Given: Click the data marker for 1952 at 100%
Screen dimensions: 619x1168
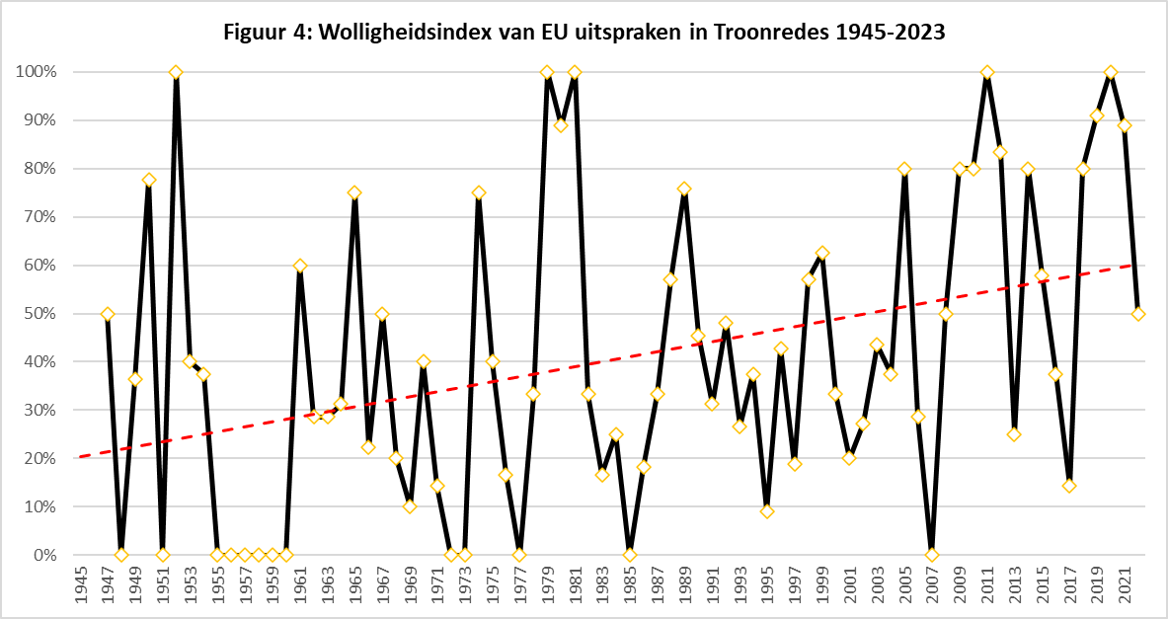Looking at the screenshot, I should [176, 72].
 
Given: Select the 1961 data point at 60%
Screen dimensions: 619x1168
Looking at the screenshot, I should [300, 266].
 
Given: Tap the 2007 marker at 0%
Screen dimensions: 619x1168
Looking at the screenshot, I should [932, 555].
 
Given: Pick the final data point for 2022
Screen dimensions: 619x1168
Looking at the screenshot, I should [1138, 314].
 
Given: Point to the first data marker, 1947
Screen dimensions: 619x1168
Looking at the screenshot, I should [108, 314].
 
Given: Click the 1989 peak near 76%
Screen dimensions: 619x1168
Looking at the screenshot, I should [684, 189].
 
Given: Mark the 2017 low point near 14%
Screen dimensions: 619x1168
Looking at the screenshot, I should [1069, 486].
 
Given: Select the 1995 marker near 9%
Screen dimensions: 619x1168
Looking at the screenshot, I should [767, 511].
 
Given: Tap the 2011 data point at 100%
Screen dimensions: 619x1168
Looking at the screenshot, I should [986, 72].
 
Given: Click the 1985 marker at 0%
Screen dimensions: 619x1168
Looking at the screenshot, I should [630, 555].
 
